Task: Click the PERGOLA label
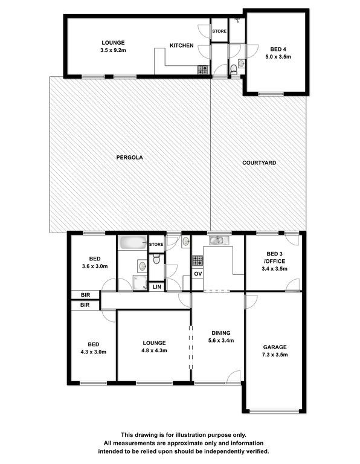pos(129,158)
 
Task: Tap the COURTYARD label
pos(259,163)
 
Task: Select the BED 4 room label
pos(278,50)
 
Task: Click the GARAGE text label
pos(275,347)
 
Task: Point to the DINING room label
pos(221,333)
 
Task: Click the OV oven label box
pos(198,274)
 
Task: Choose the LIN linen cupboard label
pos(157,287)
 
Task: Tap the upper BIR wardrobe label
pos(85,295)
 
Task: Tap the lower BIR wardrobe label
pos(85,304)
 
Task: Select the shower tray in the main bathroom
pos(140,283)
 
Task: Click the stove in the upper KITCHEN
pos(203,70)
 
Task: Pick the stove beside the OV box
pos(198,261)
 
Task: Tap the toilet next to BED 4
pos(234,70)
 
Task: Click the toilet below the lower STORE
pos(156,260)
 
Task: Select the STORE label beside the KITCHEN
pos(219,31)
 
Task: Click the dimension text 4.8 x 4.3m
pos(154,350)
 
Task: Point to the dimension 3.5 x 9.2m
pos(113,50)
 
